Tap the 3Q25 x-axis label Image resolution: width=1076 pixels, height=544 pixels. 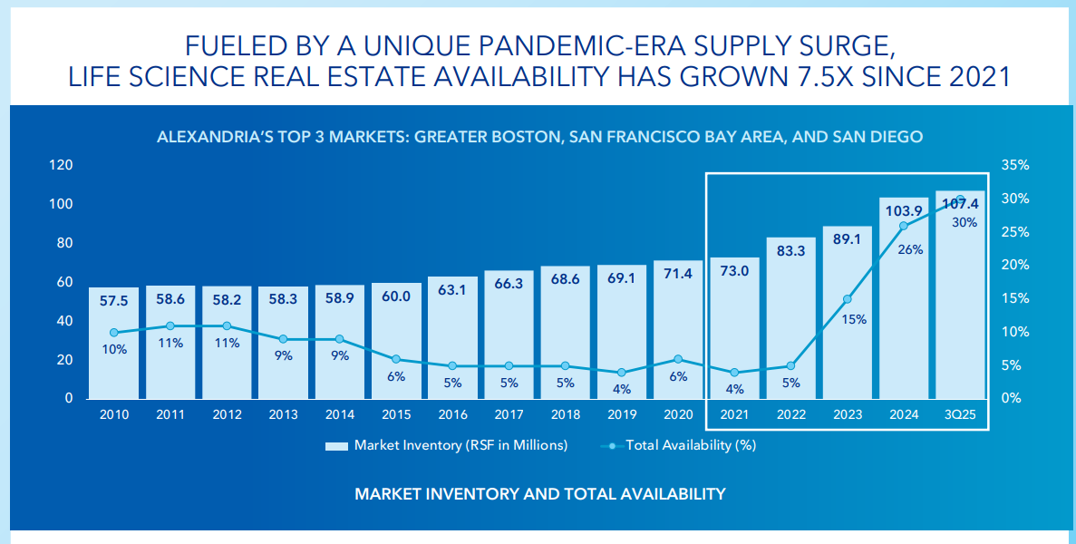(960, 414)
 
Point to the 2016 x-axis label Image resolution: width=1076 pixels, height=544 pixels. (452, 414)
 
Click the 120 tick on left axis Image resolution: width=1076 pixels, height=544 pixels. (61, 166)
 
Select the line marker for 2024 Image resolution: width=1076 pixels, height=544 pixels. (904, 226)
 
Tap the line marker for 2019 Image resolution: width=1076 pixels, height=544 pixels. (621, 373)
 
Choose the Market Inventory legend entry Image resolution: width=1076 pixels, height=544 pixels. (446, 445)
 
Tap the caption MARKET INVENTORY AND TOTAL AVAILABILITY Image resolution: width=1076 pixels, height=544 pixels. (540, 494)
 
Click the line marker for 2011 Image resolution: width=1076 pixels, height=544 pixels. (170, 325)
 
